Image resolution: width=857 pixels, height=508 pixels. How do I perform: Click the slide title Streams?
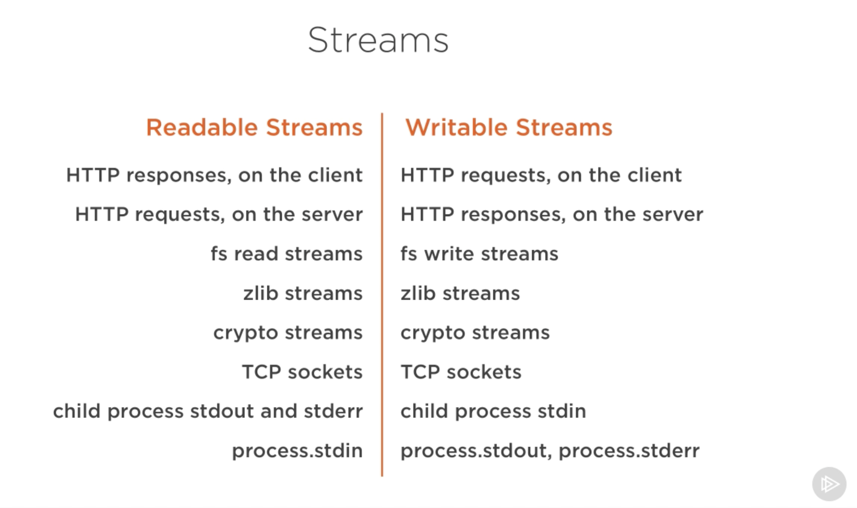click(x=378, y=40)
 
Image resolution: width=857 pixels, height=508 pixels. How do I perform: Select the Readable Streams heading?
click(x=254, y=128)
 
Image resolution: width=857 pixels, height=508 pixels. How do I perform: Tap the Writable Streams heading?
click(x=508, y=128)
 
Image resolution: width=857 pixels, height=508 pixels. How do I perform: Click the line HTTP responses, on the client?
click(x=214, y=175)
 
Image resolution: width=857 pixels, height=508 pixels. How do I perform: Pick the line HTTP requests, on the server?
click(x=219, y=215)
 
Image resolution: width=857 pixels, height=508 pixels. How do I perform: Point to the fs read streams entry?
click(x=287, y=254)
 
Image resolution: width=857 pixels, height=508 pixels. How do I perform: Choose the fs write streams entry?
click(x=479, y=254)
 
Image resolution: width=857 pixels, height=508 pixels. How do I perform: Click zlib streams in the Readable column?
click(x=303, y=293)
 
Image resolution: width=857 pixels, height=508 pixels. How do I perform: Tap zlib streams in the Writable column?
click(x=460, y=293)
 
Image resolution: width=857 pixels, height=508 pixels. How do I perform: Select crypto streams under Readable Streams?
click(x=288, y=333)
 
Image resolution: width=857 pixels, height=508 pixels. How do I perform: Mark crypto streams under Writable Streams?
click(x=475, y=333)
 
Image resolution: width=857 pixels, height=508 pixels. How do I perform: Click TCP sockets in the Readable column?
click(x=302, y=372)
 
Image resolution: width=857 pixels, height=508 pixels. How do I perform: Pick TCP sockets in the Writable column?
click(x=461, y=372)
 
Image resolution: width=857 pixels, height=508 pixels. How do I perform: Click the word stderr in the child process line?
click(x=333, y=411)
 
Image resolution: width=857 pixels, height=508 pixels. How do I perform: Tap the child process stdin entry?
click(x=493, y=411)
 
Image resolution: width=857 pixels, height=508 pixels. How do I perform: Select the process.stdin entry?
click(x=297, y=451)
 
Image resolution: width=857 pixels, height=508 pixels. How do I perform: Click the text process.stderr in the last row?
click(x=629, y=451)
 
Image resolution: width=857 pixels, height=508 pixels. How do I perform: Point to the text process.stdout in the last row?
click(x=473, y=451)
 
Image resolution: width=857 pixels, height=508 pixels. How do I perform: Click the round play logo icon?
click(x=829, y=484)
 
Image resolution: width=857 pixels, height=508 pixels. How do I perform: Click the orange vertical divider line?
click(x=382, y=295)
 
